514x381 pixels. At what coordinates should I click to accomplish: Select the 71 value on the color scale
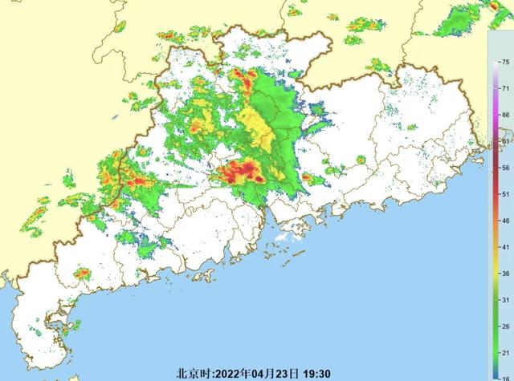(x=504, y=88)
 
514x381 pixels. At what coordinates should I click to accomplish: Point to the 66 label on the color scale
(x=504, y=115)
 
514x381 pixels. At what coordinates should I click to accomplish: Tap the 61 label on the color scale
(x=504, y=141)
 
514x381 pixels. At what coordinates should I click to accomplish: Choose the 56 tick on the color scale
(x=504, y=168)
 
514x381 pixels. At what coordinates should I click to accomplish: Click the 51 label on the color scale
(x=504, y=194)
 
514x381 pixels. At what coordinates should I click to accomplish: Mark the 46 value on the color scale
(x=504, y=221)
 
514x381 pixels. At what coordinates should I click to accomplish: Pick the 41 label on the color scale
(x=504, y=247)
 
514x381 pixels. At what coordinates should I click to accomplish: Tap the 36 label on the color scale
(x=504, y=274)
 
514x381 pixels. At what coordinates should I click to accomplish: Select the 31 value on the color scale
(x=504, y=300)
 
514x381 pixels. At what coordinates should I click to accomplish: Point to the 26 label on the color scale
(x=504, y=326)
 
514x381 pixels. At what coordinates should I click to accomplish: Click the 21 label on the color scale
(x=504, y=353)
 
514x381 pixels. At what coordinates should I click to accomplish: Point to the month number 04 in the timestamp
(x=263, y=373)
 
